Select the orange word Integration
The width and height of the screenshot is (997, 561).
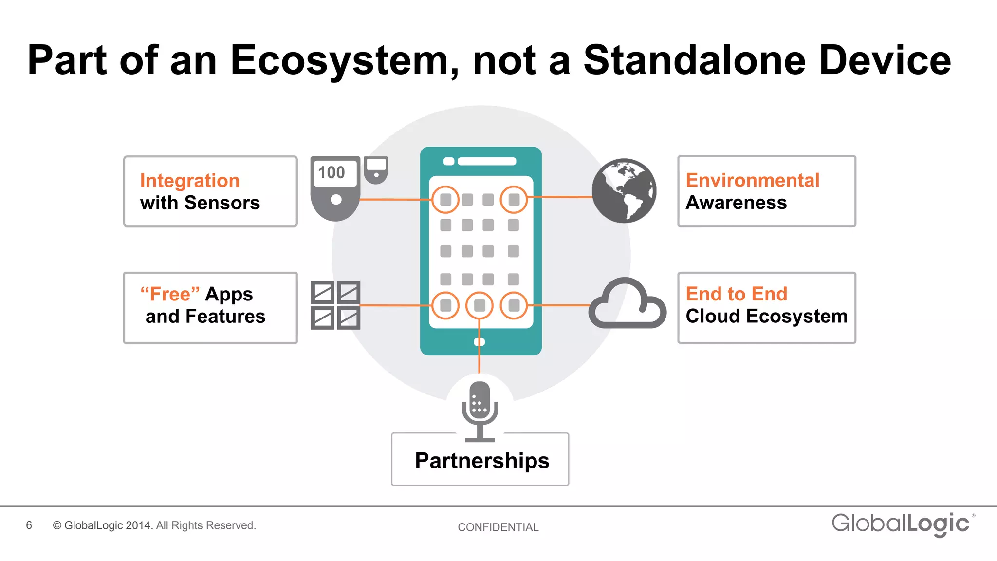pyautogui.click(x=190, y=181)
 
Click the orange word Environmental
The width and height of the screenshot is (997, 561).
pyautogui.click(x=753, y=180)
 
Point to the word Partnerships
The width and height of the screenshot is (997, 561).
pyautogui.click(x=482, y=461)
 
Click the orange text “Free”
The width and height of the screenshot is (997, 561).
pyautogui.click(x=170, y=294)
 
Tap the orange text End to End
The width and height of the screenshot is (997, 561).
pyautogui.click(x=737, y=294)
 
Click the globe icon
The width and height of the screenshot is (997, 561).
pyautogui.click(x=624, y=191)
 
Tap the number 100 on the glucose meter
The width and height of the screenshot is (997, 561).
pyautogui.click(x=332, y=172)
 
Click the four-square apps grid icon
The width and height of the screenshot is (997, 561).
pyautogui.click(x=336, y=305)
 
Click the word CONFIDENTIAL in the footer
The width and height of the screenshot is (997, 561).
pyautogui.click(x=498, y=527)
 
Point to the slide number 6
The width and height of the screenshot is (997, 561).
pyautogui.click(x=29, y=525)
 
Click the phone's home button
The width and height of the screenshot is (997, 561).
pyautogui.click(x=480, y=342)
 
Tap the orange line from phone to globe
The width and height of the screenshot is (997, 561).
pyautogui.click(x=560, y=197)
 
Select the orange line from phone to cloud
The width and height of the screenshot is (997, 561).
pyautogui.click(x=559, y=305)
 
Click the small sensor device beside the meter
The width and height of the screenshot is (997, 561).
pyautogui.click(x=376, y=169)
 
